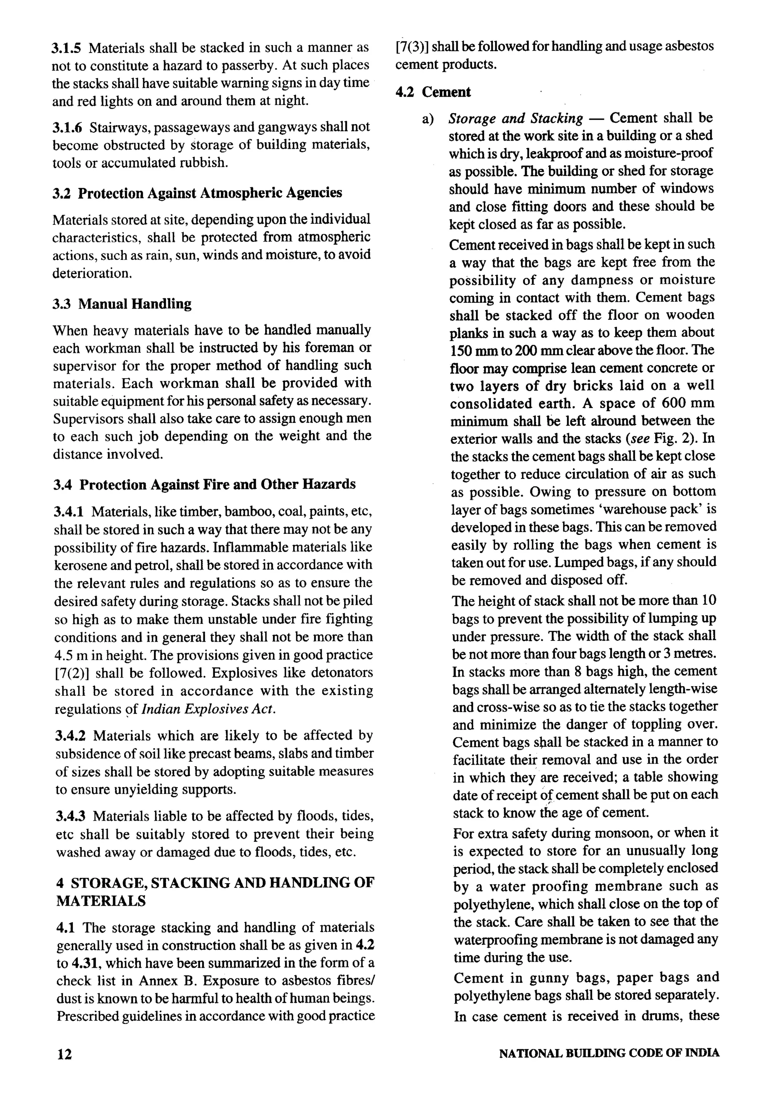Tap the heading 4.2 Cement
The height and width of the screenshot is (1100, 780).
(433, 92)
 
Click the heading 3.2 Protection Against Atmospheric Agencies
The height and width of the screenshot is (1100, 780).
(197, 193)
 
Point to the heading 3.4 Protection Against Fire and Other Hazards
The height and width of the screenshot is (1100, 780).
(205, 485)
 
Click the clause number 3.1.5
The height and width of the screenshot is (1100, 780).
(66, 48)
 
